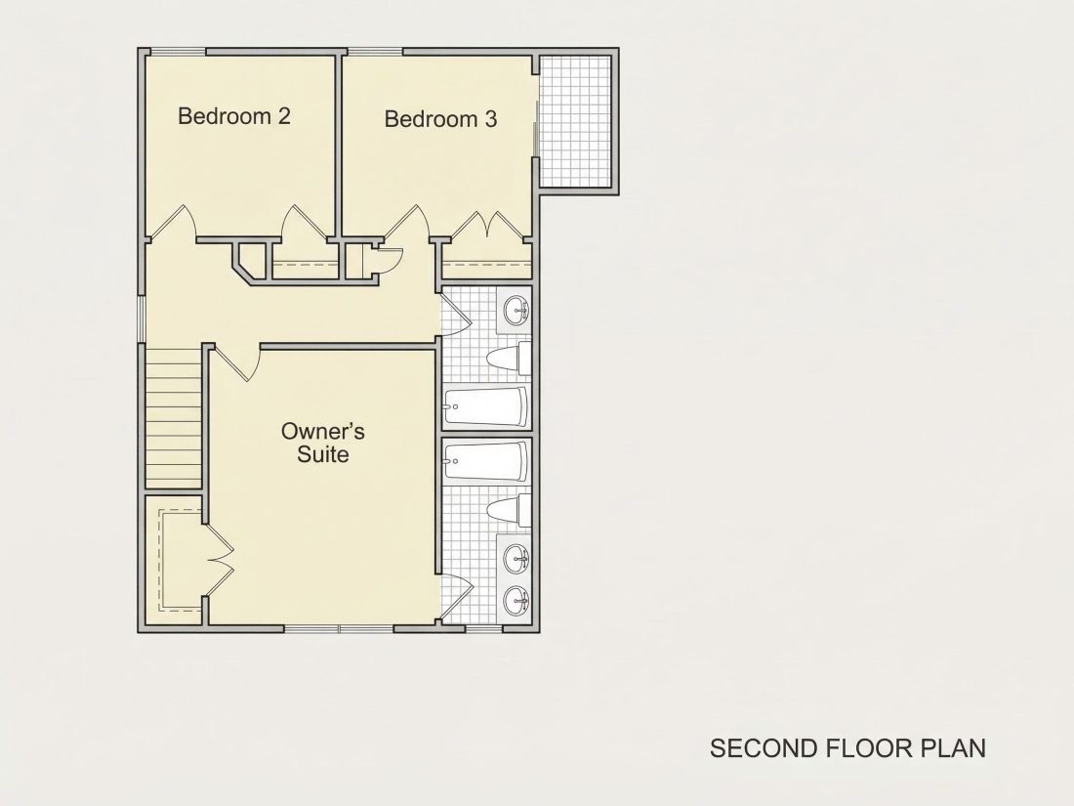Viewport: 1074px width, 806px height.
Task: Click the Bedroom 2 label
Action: click(234, 116)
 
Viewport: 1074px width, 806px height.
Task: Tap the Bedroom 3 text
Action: click(440, 119)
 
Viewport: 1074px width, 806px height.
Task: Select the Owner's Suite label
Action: click(322, 443)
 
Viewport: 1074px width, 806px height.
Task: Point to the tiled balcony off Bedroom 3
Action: click(575, 121)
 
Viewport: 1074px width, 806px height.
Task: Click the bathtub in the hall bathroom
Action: click(486, 407)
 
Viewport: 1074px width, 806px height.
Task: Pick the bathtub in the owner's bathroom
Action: click(486, 460)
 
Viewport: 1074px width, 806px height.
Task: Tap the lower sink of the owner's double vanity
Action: click(516, 602)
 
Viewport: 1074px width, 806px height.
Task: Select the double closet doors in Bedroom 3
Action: click(485, 226)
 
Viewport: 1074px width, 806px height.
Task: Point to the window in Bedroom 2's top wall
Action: click(178, 52)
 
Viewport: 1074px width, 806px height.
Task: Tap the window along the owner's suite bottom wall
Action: click(339, 628)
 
